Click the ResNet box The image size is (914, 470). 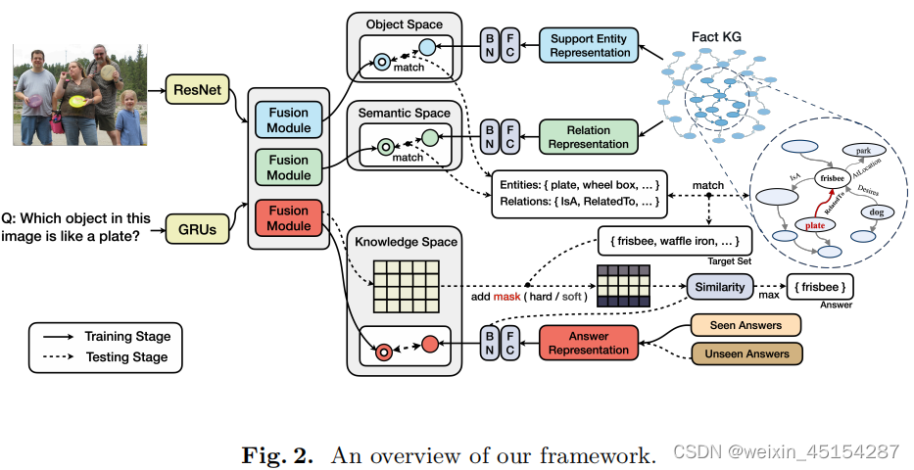click(196, 92)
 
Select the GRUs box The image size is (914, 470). click(196, 228)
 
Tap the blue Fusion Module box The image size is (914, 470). click(288, 120)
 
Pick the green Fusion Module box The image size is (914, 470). click(288, 167)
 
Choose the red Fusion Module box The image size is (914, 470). click(288, 216)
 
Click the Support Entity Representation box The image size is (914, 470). click(590, 45)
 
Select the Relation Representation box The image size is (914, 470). click(589, 137)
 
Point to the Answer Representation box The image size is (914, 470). click(589, 343)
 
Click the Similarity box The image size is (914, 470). click(720, 287)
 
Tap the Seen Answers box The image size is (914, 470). click(746, 325)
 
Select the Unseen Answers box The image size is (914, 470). click(746, 353)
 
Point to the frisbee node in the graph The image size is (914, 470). click(833, 179)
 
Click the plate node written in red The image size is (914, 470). click(816, 226)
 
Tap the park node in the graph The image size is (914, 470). click(863, 151)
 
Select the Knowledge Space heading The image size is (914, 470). click(404, 241)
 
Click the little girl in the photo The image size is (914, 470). click(128, 118)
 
